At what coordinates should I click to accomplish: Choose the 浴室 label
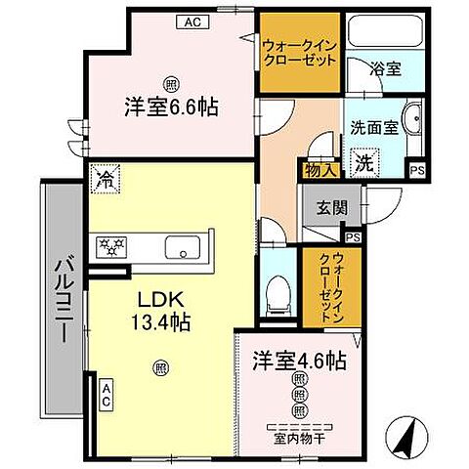(383, 70)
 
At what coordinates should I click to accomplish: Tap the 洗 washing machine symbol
(362, 161)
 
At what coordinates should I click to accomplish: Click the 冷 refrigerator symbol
(105, 180)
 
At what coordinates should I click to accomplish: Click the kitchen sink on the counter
(182, 247)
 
